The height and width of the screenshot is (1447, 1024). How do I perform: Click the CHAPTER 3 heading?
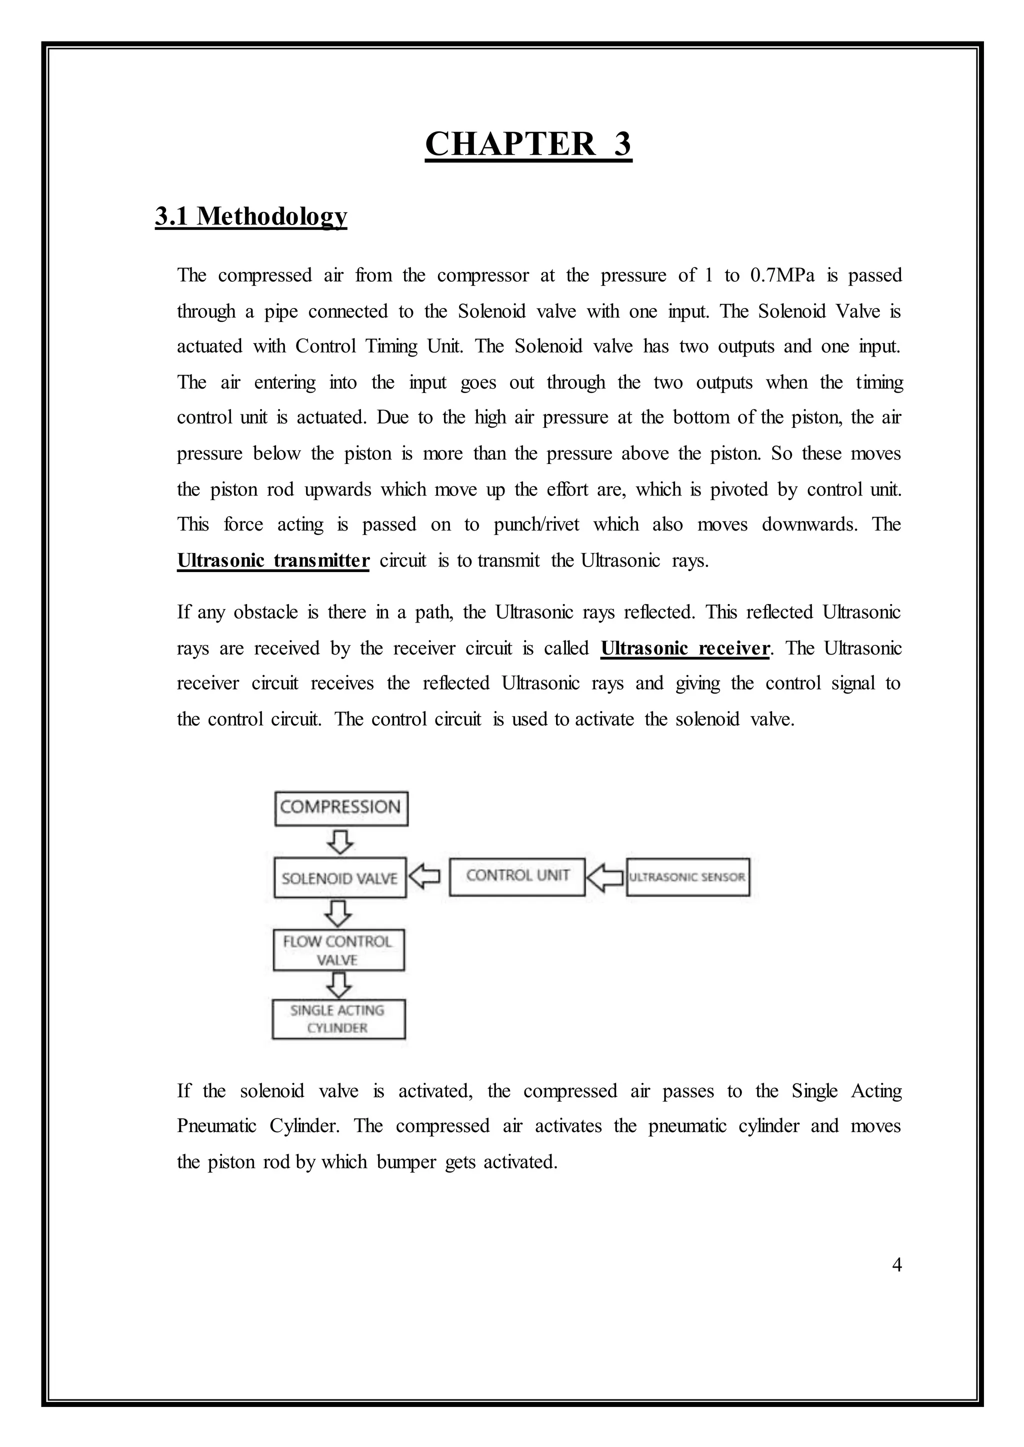click(528, 144)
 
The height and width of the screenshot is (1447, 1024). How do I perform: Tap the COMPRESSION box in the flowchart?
click(341, 808)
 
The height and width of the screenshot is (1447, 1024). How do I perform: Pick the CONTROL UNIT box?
click(517, 876)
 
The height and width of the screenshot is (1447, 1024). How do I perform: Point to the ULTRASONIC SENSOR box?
click(687, 876)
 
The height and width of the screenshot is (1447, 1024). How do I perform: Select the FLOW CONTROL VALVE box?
click(338, 950)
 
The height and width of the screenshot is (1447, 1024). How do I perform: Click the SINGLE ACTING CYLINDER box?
click(338, 1019)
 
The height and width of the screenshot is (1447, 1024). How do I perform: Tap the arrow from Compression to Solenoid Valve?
click(340, 841)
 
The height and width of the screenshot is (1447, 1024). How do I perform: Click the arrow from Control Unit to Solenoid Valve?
click(425, 876)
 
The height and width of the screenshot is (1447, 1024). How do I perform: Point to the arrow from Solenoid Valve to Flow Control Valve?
click(339, 912)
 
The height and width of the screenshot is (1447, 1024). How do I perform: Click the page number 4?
click(896, 1265)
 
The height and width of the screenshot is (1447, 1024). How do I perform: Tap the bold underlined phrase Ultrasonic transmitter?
click(273, 560)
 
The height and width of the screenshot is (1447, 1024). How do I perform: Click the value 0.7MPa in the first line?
click(782, 275)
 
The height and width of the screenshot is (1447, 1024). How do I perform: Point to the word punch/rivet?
click(536, 524)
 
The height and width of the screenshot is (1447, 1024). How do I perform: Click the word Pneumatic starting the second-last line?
click(216, 1126)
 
